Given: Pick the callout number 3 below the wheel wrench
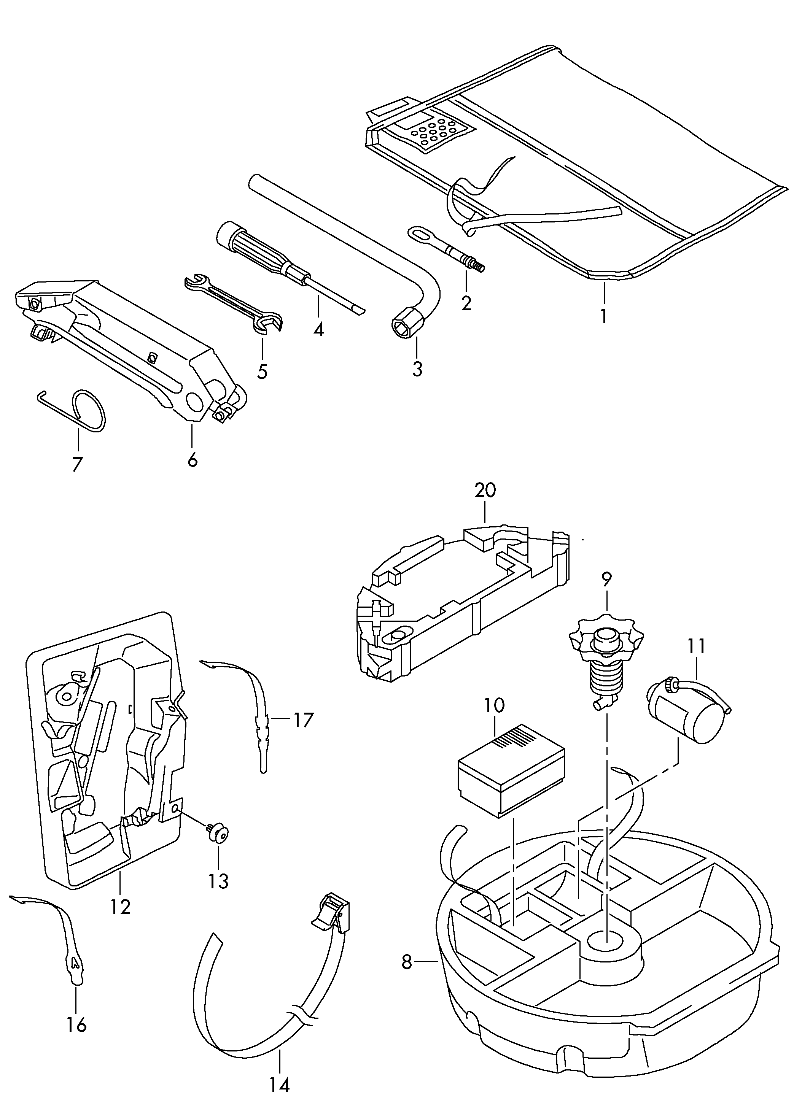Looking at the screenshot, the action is pos(417,369).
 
